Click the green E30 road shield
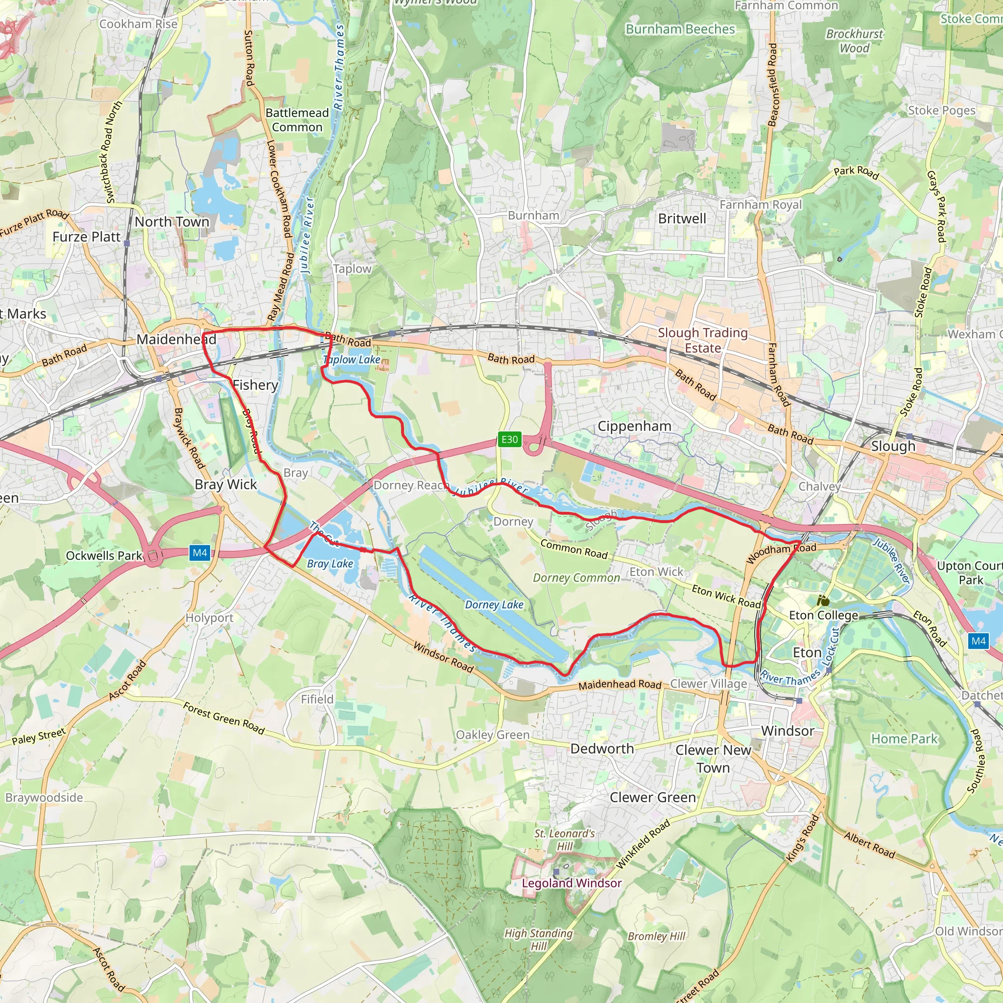pyautogui.click(x=509, y=439)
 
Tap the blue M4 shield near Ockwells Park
pyautogui.click(x=200, y=553)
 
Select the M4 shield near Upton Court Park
pyautogui.click(x=978, y=641)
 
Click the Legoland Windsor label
pyautogui.click(x=572, y=883)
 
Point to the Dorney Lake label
pyautogui.click(x=494, y=605)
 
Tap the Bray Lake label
pyautogui.click(x=330, y=564)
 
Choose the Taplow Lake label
pyautogui.click(x=352, y=360)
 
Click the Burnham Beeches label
pyautogui.click(x=680, y=29)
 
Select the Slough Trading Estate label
pyautogui.click(x=702, y=340)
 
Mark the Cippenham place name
pyautogui.click(x=634, y=426)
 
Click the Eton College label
pyautogui.click(x=823, y=615)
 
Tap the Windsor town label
pyautogui.click(x=788, y=731)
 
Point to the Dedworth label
pyautogui.click(x=602, y=749)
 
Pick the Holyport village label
pyautogui.click(x=209, y=618)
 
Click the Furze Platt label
pyautogui.click(x=86, y=237)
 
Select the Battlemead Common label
pyautogui.click(x=297, y=120)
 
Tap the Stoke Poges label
pyautogui.click(x=941, y=111)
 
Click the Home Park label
pyautogui.click(x=905, y=739)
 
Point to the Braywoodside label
pyautogui.click(x=44, y=797)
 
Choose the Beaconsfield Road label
pyautogui.click(x=772, y=85)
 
